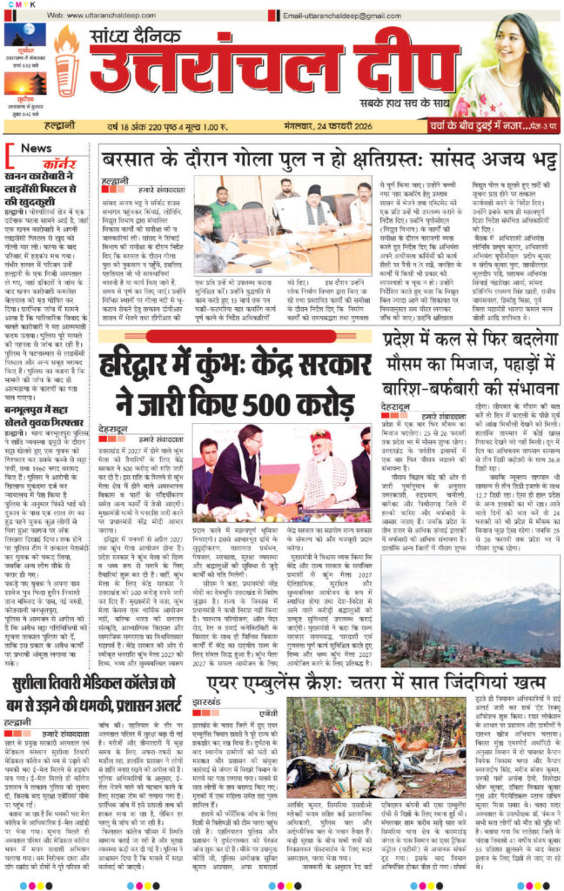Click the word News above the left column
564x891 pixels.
click(35, 148)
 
